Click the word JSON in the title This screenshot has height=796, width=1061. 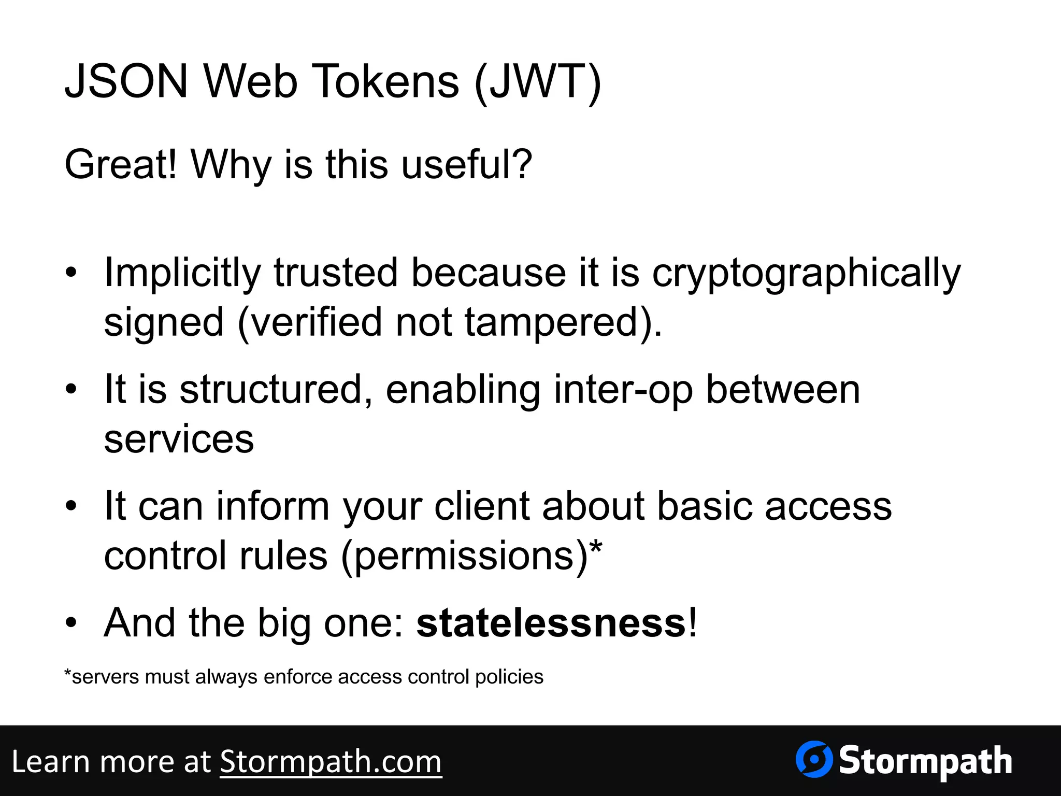tap(126, 81)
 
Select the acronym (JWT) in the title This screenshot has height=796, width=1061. tap(537, 81)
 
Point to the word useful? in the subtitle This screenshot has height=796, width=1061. tap(467, 164)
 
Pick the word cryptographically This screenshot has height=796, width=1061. tap(806, 273)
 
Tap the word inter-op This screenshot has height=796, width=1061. tap(623, 389)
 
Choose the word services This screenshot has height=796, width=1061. tap(179, 439)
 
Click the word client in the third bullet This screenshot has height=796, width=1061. tap(482, 505)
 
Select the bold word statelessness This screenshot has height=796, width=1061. tap(551, 622)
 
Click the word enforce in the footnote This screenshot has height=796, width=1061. tap(298, 677)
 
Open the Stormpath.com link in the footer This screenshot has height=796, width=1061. tap(331, 762)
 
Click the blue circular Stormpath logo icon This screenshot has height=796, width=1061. tap(814, 759)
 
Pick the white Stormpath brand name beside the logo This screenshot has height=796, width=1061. tap(925, 761)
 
